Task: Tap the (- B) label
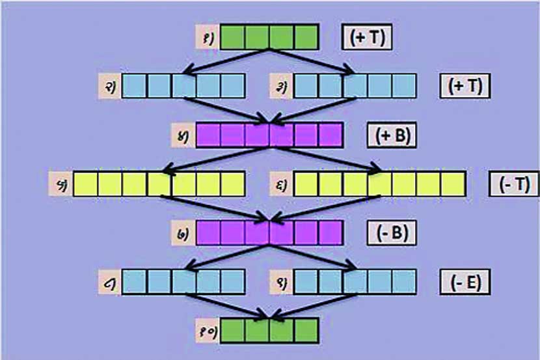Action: (x=392, y=232)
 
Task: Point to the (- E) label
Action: (x=465, y=283)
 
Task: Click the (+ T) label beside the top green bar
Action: (x=367, y=37)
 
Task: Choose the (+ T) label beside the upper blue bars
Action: (x=465, y=86)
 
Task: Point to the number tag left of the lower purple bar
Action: (x=183, y=232)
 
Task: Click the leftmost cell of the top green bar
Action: (x=233, y=37)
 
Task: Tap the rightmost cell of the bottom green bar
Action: (x=306, y=331)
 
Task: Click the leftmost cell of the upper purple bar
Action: (x=208, y=135)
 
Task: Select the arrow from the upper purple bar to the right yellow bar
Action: (x=325, y=159)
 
